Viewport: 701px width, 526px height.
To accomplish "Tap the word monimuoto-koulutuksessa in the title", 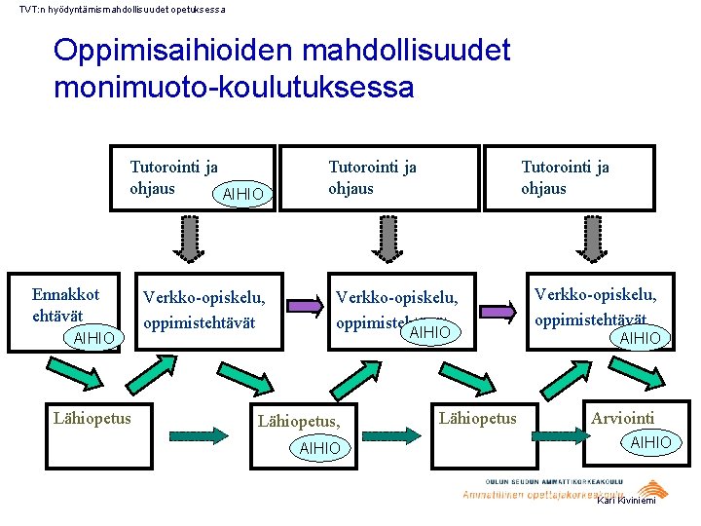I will [x=234, y=88].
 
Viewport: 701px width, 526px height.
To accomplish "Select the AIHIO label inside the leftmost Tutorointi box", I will [x=242, y=194].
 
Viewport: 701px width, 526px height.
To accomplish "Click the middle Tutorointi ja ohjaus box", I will [x=379, y=177].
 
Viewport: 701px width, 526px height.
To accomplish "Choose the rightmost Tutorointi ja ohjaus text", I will [x=565, y=177].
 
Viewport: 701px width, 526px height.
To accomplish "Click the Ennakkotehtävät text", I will [x=65, y=304].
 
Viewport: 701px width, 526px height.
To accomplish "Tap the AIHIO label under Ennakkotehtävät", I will [x=93, y=337].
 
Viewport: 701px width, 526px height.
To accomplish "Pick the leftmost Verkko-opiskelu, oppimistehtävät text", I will [x=204, y=309].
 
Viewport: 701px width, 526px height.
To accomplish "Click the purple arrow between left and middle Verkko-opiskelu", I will [x=307, y=307].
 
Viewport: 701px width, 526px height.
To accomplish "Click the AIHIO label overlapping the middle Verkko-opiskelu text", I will [x=429, y=333].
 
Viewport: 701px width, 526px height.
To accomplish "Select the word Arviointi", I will [x=622, y=418].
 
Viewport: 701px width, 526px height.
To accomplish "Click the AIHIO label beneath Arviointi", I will [x=650, y=442].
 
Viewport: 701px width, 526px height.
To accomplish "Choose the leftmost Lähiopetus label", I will [x=92, y=418].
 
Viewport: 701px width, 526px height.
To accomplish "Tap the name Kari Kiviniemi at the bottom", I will [x=626, y=501].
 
